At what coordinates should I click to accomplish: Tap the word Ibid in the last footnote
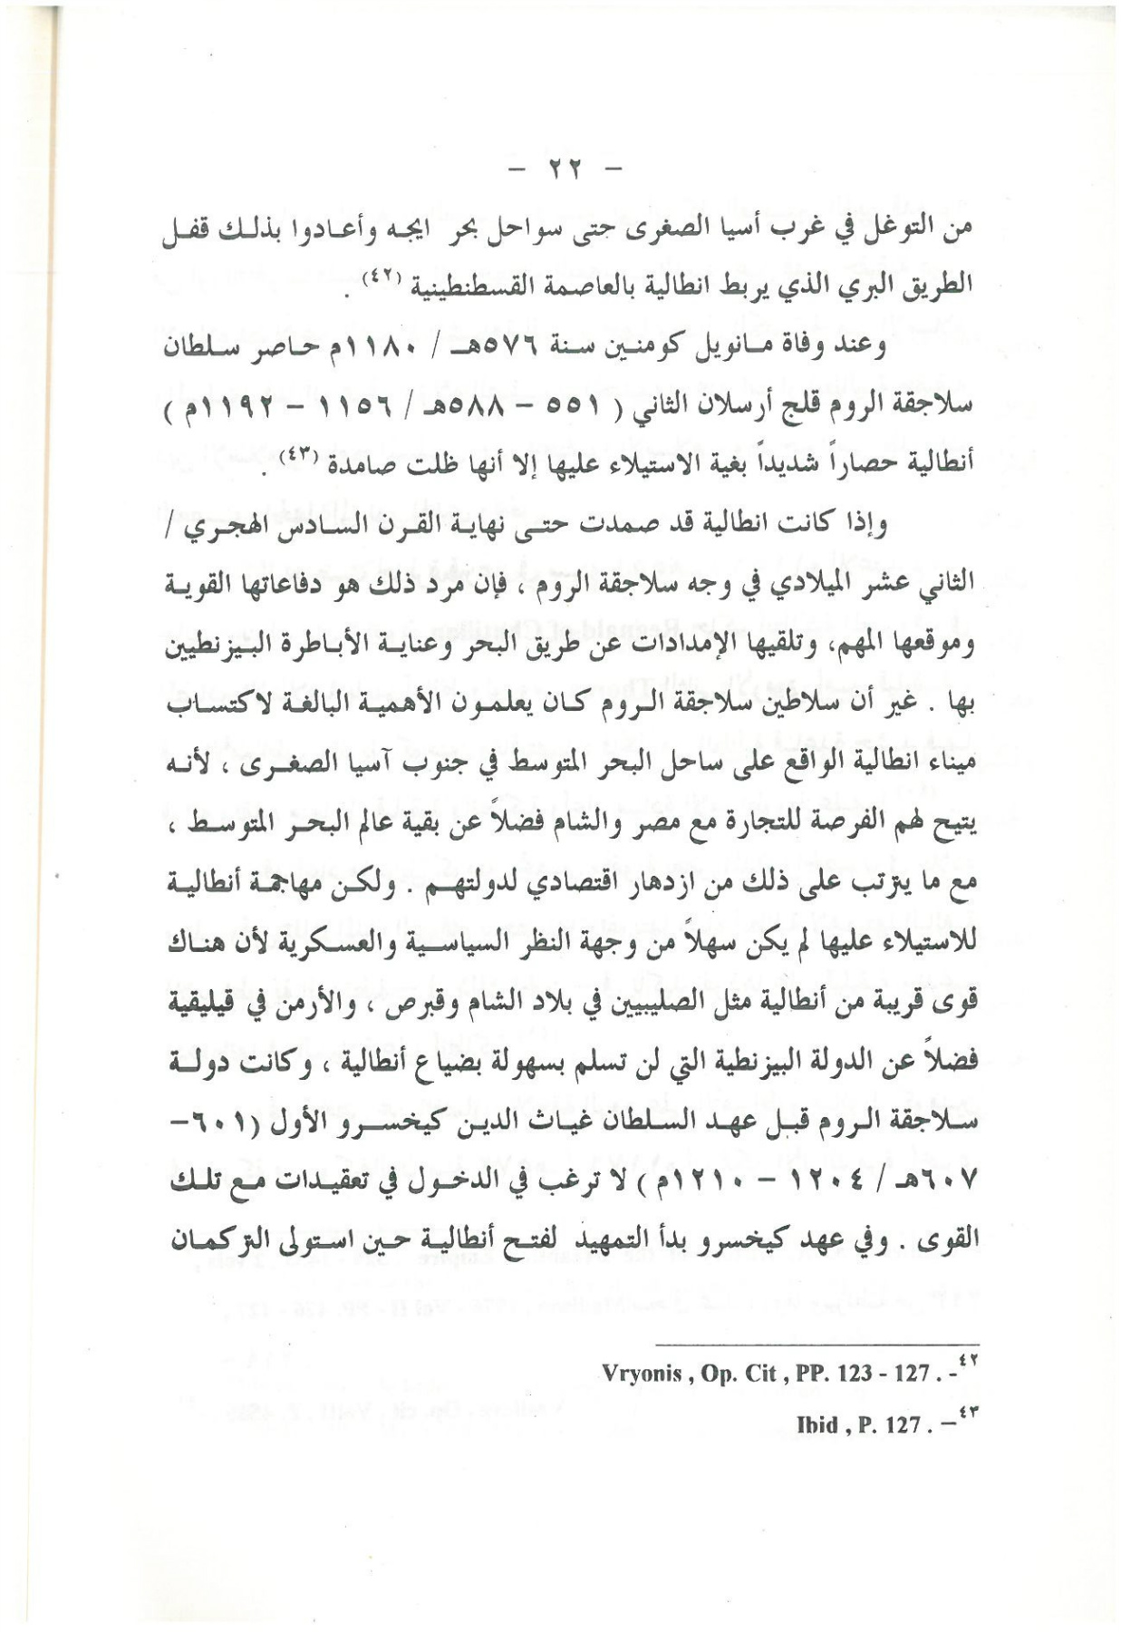point(817,1424)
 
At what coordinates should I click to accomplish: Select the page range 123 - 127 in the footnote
point(876,1373)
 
